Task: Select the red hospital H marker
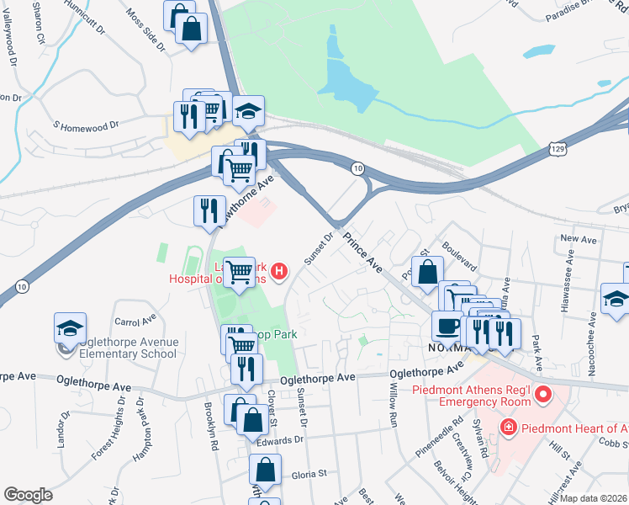[280, 271]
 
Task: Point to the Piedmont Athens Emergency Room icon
[543, 393]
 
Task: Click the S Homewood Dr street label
[86, 125]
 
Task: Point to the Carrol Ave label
[136, 322]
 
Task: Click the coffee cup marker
[447, 325]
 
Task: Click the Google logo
[29, 494]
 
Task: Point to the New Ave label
[578, 239]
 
